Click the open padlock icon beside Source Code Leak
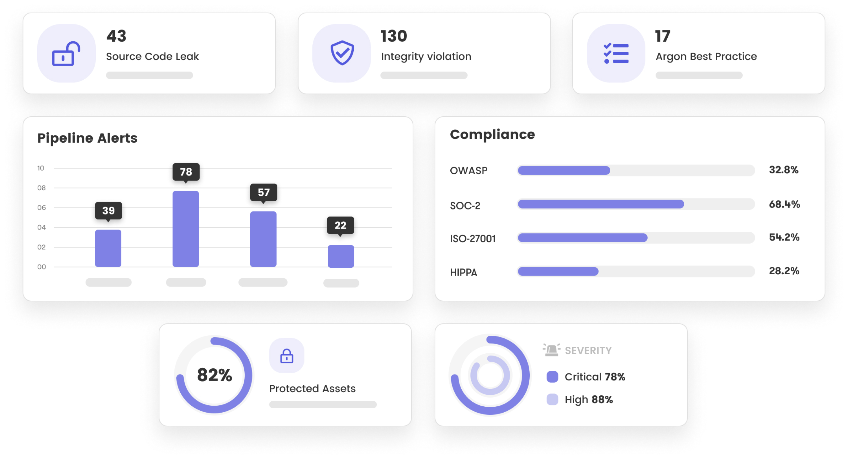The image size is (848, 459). pos(66,54)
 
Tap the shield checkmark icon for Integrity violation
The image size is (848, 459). pos(342,53)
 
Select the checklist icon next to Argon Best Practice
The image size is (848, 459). pos(616,53)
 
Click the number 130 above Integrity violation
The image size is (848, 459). pos(393,36)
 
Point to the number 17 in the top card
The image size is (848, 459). pos(662,36)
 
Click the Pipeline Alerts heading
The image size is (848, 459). pos(87,138)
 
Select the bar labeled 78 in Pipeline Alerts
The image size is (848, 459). pos(186,229)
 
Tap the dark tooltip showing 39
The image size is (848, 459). pos(108,211)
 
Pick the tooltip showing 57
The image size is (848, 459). pos(263,192)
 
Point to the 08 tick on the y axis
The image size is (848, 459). pos(41,188)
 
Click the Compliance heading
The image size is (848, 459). pos(492,134)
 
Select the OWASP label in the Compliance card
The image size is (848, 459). pos(469,171)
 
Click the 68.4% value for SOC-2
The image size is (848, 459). pos(784,204)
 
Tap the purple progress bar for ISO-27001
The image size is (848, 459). pos(582,238)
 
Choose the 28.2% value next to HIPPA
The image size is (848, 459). pos(784,271)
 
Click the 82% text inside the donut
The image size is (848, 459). pos(215,375)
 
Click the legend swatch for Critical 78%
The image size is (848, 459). pos(552,377)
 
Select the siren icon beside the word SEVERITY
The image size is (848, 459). pos(551,350)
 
